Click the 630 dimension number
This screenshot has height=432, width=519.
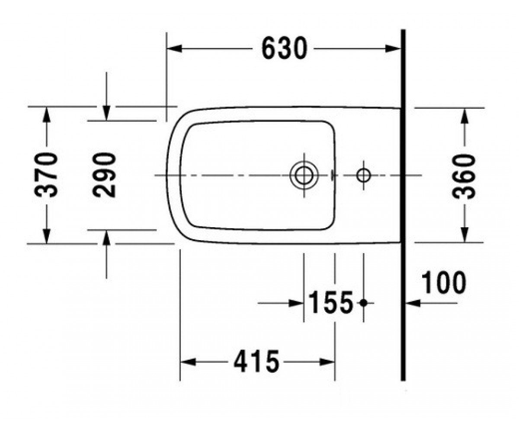[x=284, y=48]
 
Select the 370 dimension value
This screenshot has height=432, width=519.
[x=46, y=175]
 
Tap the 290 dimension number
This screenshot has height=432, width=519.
[x=104, y=175]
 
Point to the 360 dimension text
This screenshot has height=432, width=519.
[x=464, y=177]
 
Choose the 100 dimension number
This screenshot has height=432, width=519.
[x=444, y=282]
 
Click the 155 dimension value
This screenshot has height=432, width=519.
[x=330, y=302]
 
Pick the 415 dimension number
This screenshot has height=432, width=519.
[x=257, y=362]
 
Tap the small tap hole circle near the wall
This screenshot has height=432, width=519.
[x=363, y=175]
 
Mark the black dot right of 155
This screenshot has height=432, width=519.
[x=364, y=303]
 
